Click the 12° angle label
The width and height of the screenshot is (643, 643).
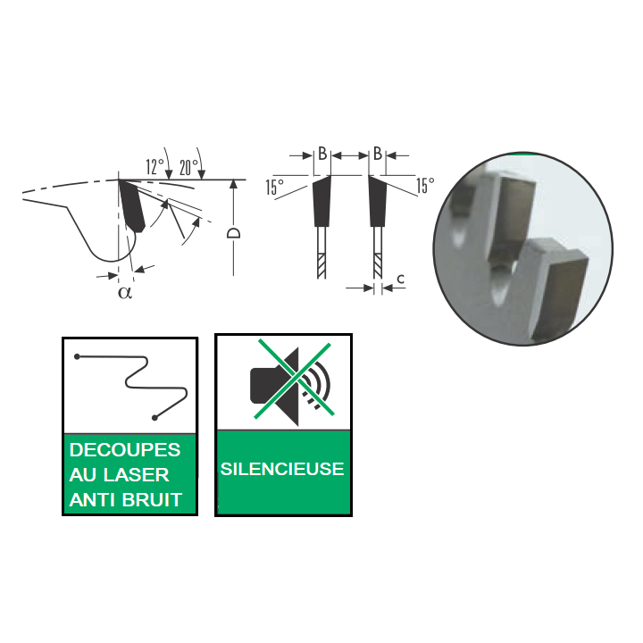(x=155, y=166)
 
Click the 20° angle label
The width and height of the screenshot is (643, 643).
(x=188, y=167)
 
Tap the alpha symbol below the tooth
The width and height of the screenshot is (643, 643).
(x=125, y=293)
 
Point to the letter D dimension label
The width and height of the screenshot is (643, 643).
(x=233, y=233)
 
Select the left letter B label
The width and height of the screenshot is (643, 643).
(x=322, y=154)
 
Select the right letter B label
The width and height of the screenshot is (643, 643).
(x=378, y=154)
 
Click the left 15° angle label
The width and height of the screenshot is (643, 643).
(x=274, y=188)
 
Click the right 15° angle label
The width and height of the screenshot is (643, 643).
(x=425, y=186)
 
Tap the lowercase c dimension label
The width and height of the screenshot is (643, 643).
(x=401, y=279)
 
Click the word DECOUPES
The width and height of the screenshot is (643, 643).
(x=125, y=450)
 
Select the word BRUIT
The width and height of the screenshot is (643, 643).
(x=152, y=500)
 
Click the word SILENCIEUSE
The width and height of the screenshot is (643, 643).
(x=282, y=469)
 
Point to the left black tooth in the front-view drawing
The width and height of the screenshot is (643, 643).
(x=321, y=201)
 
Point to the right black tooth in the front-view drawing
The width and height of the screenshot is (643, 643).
(x=377, y=201)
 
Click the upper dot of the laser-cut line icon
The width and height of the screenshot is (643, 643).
(x=77, y=356)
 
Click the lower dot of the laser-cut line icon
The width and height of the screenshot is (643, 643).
(x=154, y=418)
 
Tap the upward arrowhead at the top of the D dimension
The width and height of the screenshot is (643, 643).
(x=233, y=184)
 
